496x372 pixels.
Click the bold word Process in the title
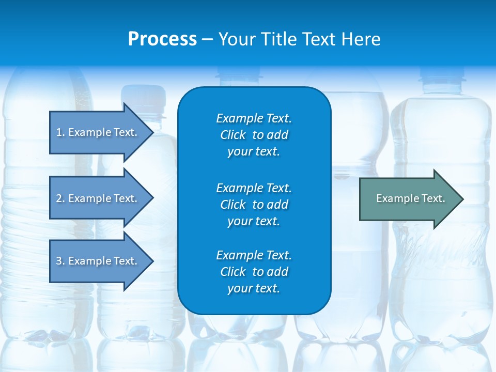pos(162,39)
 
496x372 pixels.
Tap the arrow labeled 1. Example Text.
pos(98,132)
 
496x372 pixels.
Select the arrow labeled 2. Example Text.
pos(98,198)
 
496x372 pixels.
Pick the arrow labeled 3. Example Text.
pos(98,261)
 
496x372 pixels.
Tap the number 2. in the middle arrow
pos(60,198)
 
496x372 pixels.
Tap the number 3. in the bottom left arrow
pos(60,261)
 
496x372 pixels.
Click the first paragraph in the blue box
pos(254,135)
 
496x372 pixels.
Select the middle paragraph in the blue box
pos(254,204)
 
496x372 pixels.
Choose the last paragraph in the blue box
pos(254,272)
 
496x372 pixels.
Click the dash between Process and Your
pos(207,40)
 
